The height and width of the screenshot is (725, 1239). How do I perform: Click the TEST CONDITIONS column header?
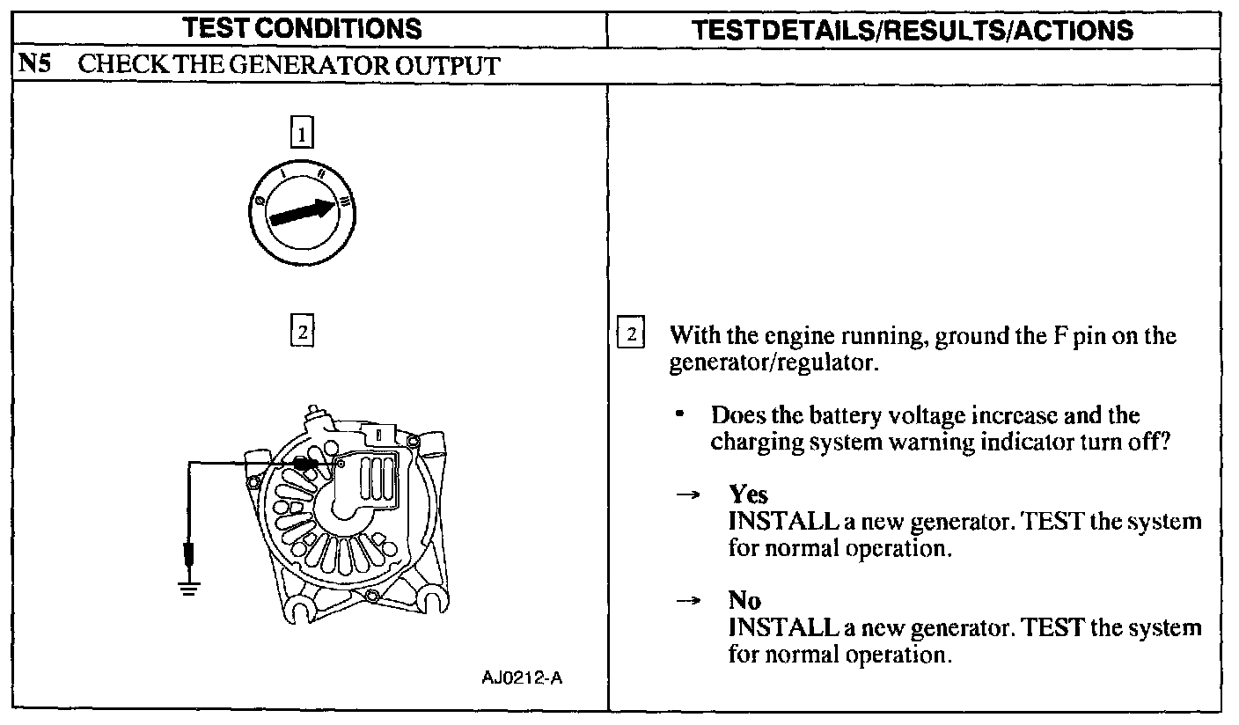coord(303,30)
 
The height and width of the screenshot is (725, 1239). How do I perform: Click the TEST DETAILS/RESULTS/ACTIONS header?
coord(913,30)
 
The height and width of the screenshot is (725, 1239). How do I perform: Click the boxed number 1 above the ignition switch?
coord(302,135)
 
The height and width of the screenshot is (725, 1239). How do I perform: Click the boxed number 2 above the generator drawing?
coord(302,333)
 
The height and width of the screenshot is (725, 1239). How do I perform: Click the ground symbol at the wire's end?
coord(188,587)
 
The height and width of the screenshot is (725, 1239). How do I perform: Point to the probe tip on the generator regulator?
coord(307,464)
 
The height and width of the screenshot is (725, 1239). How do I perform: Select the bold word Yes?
coord(748,495)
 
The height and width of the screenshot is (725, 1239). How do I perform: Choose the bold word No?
coord(744,602)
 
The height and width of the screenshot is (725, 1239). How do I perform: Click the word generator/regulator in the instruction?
coord(773,362)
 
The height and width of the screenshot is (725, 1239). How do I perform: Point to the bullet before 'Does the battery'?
coord(680,414)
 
